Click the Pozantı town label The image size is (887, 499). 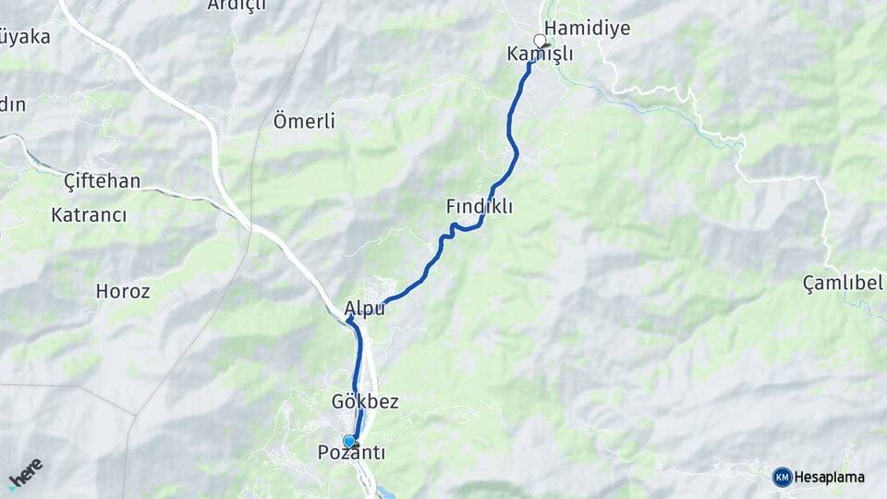[351, 453]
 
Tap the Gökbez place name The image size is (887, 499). [365, 402]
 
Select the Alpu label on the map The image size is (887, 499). [364, 309]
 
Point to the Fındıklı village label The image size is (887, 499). [479, 207]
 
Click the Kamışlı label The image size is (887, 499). [540, 55]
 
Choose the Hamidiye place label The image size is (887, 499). [588, 28]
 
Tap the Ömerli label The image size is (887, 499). [304, 121]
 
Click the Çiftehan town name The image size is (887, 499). [103, 181]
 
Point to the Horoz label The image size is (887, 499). [123, 291]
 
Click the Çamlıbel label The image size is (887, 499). [843, 283]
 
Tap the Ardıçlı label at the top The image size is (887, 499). [236, 6]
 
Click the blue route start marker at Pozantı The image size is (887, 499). [349, 442]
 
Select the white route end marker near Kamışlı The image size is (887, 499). [540, 41]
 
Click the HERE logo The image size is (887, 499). [26, 474]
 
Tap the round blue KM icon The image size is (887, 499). [783, 477]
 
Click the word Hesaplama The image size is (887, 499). [830, 478]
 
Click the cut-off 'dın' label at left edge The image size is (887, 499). [12, 104]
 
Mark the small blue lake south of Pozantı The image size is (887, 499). [386, 493]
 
